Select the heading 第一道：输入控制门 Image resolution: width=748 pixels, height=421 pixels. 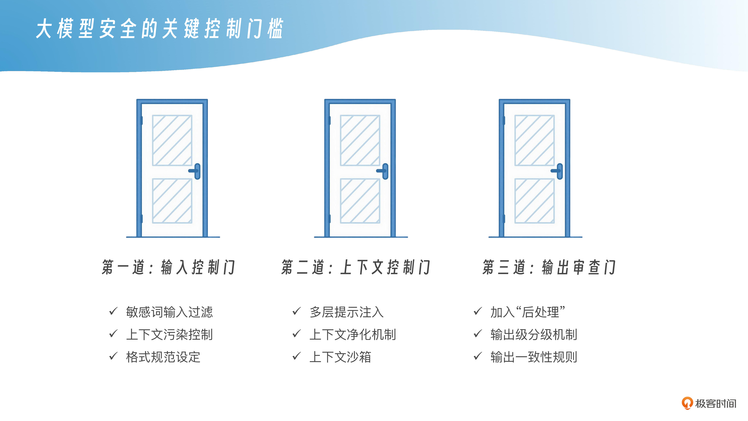point(168,267)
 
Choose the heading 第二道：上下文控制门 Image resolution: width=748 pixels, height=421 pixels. point(356,267)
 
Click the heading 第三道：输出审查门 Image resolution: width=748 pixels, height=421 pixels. point(549,267)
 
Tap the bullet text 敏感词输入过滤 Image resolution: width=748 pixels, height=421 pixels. point(169,312)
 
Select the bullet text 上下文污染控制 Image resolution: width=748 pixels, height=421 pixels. point(169,334)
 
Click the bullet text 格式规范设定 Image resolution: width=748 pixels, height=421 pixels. point(163,357)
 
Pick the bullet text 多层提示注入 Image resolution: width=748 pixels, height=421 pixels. point(346,312)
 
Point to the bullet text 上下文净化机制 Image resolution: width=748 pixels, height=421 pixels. point(352,334)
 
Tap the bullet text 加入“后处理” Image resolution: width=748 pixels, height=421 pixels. point(528,312)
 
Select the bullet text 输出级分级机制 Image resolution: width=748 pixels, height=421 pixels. point(534,334)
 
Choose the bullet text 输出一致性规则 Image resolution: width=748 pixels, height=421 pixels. point(534,357)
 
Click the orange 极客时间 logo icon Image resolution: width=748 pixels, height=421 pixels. point(687,403)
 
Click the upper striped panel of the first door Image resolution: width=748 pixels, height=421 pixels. point(172,140)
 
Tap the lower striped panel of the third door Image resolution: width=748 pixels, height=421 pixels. point(534,201)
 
